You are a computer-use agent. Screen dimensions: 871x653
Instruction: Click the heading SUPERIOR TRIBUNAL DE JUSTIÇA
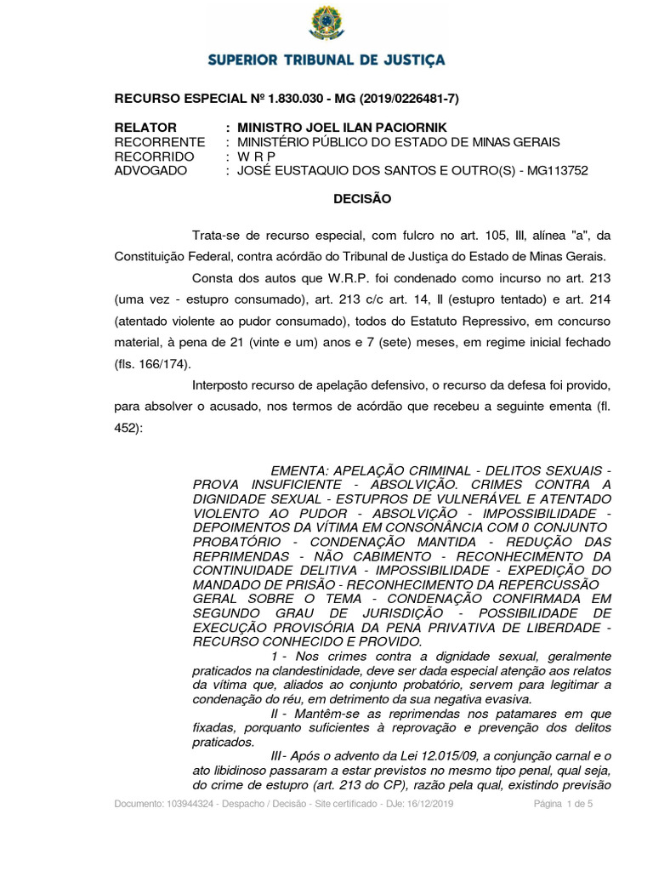coord(326,60)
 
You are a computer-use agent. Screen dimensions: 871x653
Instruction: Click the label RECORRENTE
coord(159,142)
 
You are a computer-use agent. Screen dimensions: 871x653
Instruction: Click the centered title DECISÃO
coord(361,199)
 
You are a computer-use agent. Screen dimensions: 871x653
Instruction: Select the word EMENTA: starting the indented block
coord(298,470)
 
